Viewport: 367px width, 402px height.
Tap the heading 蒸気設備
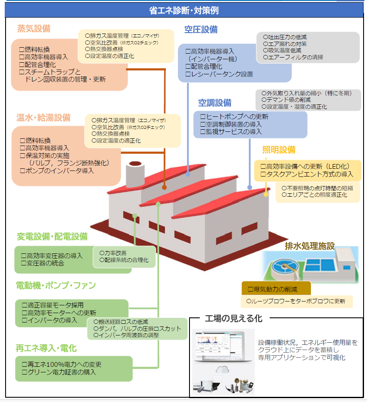pyautogui.click(x=34, y=29)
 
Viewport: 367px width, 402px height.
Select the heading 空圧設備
pyautogui.click(x=201, y=30)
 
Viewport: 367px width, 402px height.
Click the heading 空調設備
pyautogui.click(x=214, y=103)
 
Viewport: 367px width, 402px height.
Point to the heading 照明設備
pyautogui.click(x=279, y=150)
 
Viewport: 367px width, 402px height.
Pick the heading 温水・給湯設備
pyautogui.click(x=43, y=118)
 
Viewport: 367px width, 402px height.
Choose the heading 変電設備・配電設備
pyautogui.click(x=52, y=236)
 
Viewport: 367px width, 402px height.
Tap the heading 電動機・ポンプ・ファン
pyautogui.click(x=56, y=286)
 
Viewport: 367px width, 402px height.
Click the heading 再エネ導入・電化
pyautogui.click(x=46, y=348)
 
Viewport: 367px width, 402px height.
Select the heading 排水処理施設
pyautogui.click(x=310, y=246)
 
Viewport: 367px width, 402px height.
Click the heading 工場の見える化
pyautogui.click(x=234, y=319)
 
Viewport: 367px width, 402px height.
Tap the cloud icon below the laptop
pyautogui.click(x=223, y=368)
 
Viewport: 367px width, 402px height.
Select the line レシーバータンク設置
pyautogui.click(x=219, y=74)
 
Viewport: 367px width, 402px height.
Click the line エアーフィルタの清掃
pyautogui.click(x=293, y=57)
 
